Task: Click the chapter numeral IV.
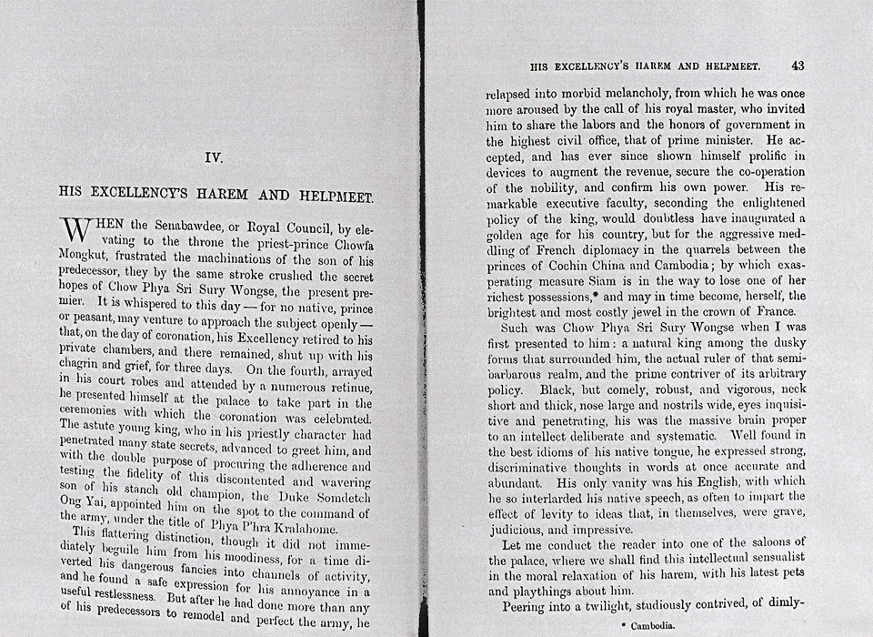(x=215, y=157)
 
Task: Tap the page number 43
(x=798, y=66)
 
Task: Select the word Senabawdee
(x=176, y=225)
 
